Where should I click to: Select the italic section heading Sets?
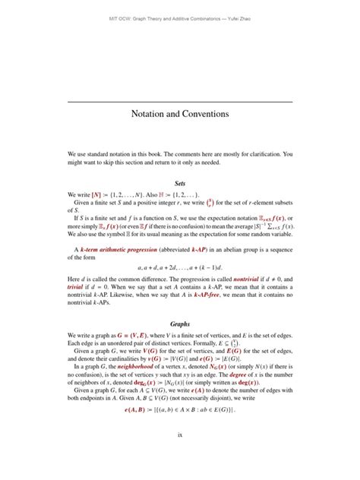pyautogui.click(x=180, y=183)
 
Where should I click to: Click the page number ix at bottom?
pyautogui.click(x=180, y=455)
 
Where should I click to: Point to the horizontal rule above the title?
pyautogui.click(x=180, y=100)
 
